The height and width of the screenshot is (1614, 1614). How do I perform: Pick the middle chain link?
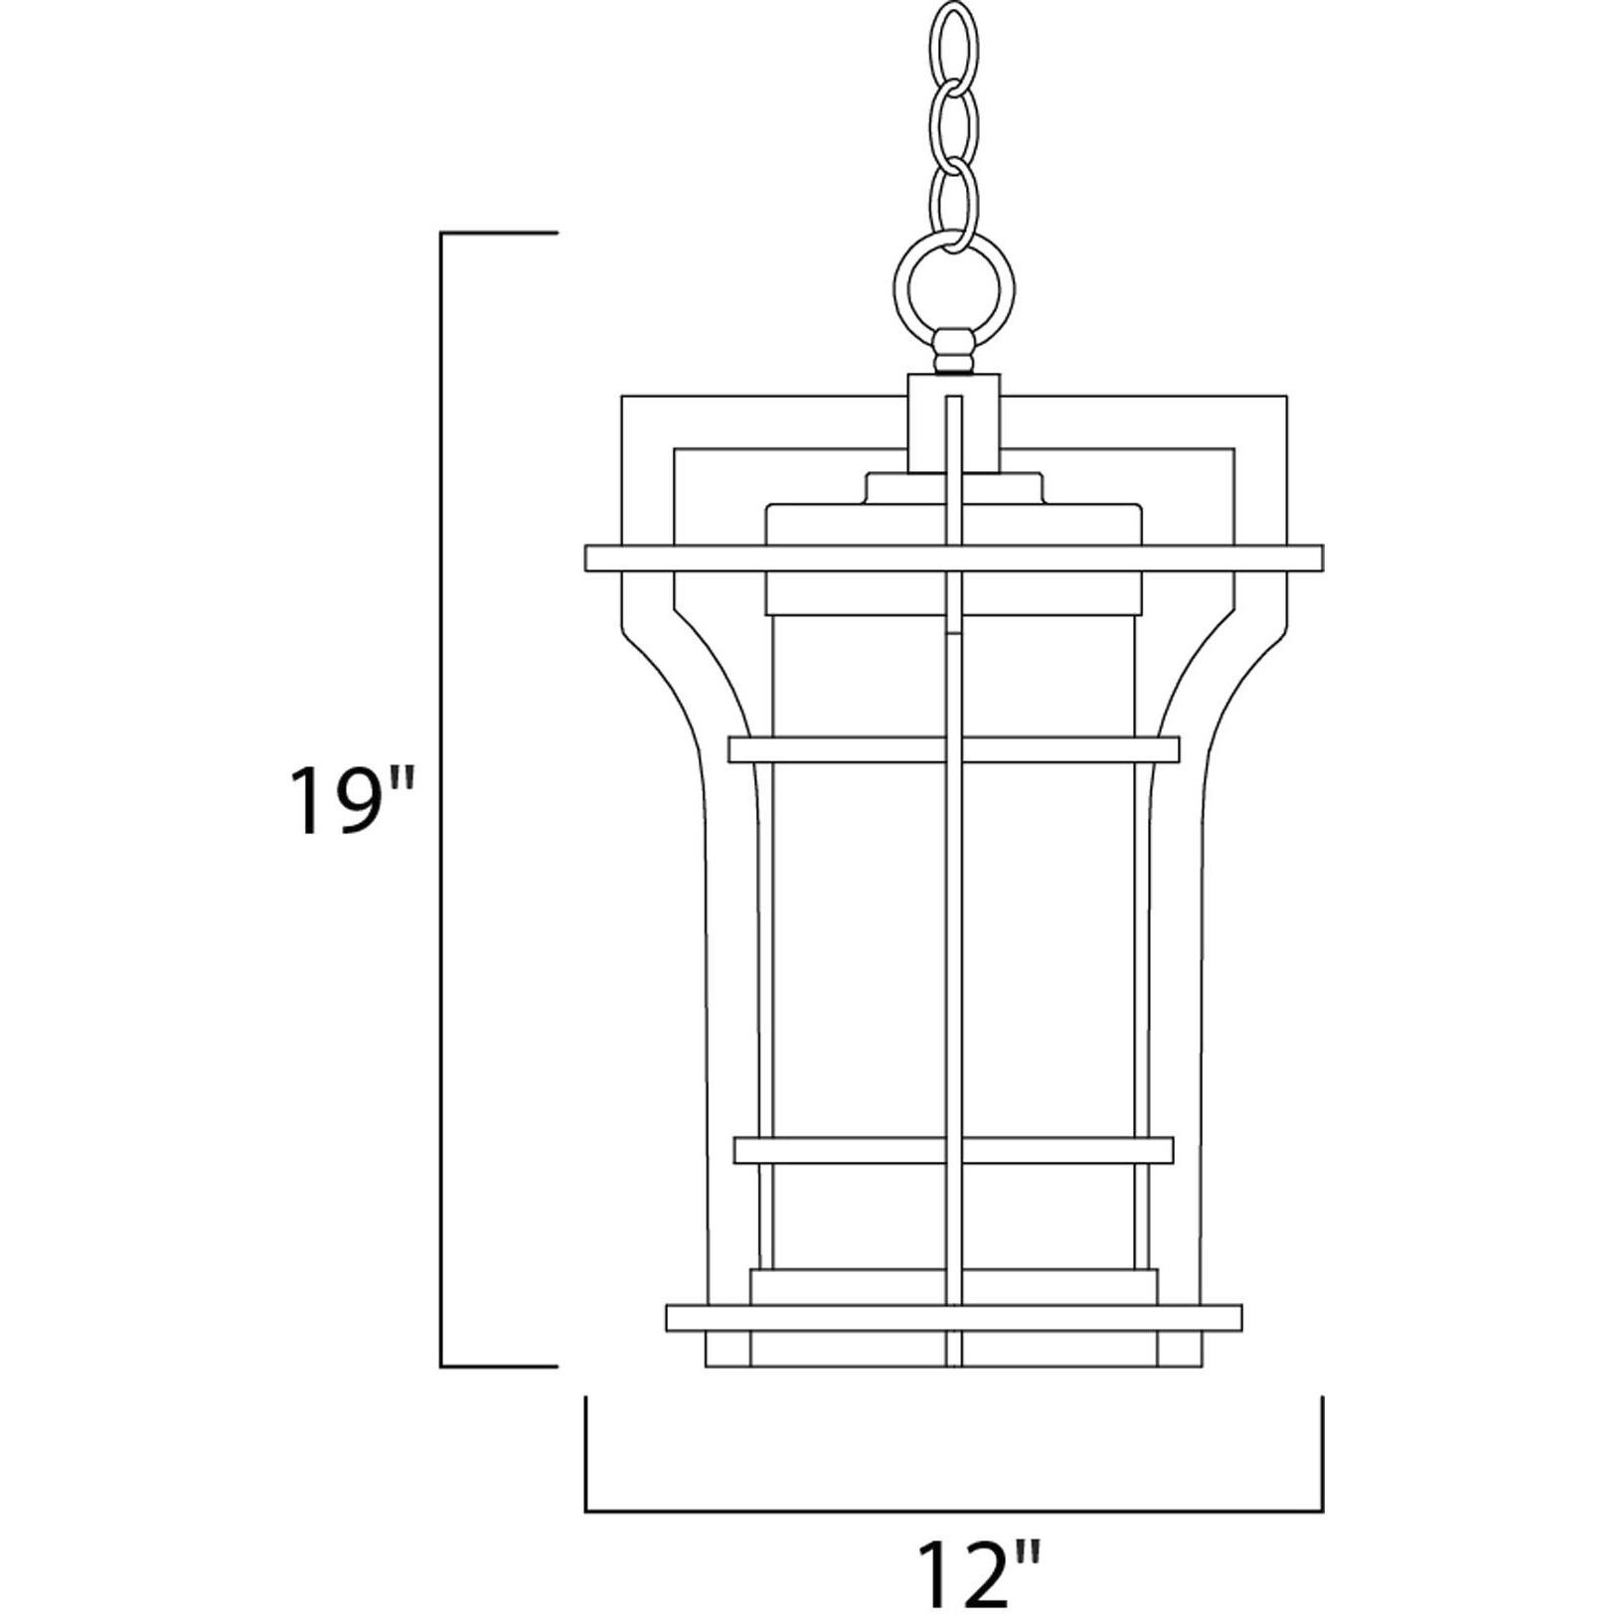click(953, 120)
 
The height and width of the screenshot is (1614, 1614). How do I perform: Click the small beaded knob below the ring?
click(953, 353)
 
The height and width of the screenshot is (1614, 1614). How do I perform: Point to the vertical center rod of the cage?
click(954, 944)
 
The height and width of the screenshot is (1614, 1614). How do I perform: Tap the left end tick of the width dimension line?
click(586, 1431)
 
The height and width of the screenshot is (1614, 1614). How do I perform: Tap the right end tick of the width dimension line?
click(1322, 1431)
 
